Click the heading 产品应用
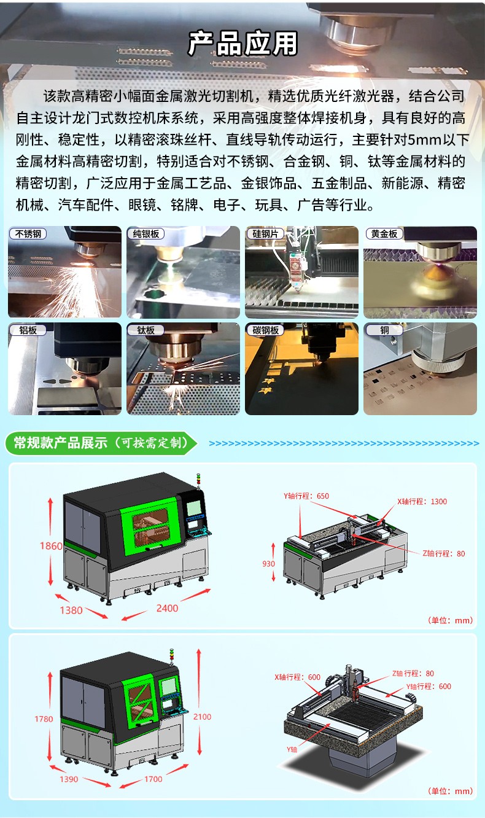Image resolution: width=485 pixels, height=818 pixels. click(x=243, y=44)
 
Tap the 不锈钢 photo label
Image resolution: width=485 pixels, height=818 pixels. click(x=28, y=234)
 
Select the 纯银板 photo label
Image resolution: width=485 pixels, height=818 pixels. click(x=146, y=234)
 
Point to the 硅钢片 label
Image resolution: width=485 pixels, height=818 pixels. click(x=265, y=234)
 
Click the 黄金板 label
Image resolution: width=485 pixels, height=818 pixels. click(x=384, y=234)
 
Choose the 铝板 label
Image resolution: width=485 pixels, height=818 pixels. click(x=28, y=330)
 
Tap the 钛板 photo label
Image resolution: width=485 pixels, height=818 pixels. click(x=146, y=330)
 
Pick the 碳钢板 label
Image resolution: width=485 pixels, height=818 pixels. click(x=266, y=330)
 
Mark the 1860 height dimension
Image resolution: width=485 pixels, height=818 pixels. click(x=51, y=546)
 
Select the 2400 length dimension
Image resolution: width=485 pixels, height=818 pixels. click(x=167, y=608)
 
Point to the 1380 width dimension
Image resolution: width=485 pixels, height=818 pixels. click(x=71, y=610)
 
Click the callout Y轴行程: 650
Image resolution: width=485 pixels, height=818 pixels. click(x=306, y=496)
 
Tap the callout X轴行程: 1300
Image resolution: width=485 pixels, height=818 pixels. click(x=422, y=501)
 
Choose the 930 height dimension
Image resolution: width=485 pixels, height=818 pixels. click(x=268, y=564)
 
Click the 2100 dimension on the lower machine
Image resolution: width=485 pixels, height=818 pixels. click(x=202, y=717)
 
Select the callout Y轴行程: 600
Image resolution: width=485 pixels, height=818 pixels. click(x=429, y=686)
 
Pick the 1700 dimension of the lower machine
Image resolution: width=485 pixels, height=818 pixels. click(x=153, y=779)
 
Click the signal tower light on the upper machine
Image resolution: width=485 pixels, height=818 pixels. click(x=198, y=481)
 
